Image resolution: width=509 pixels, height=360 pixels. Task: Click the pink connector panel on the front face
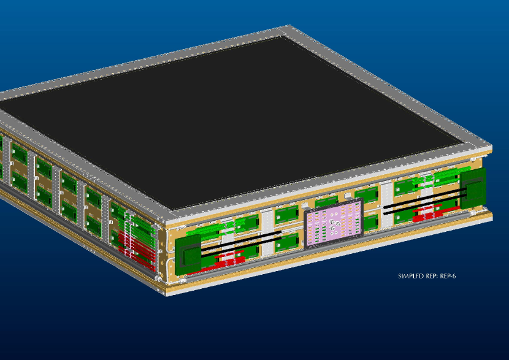[334, 223]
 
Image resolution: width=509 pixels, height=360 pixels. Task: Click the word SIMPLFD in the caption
[411, 276]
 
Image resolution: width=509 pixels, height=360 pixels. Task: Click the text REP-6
[448, 276]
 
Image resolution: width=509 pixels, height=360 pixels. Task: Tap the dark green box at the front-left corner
[188, 255]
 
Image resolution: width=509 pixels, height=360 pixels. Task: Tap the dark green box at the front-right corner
[473, 188]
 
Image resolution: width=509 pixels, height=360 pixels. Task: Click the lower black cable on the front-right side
[425, 204]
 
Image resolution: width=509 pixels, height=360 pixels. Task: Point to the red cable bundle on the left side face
[136, 248]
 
